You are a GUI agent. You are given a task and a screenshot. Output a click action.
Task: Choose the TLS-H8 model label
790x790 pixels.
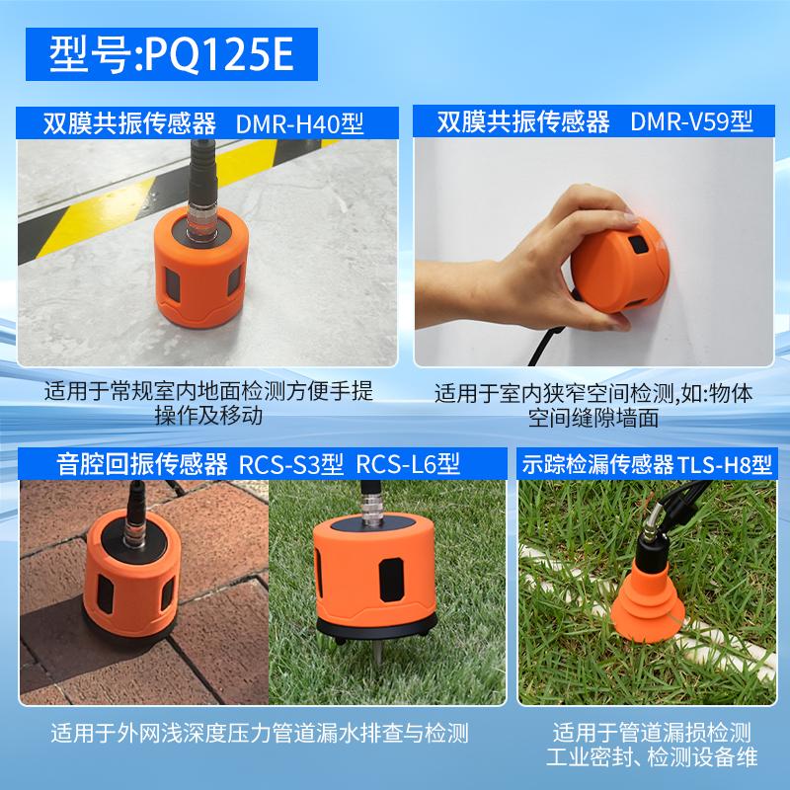tap(725, 464)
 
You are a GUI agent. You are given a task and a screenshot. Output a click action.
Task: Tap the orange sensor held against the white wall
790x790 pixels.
tap(621, 266)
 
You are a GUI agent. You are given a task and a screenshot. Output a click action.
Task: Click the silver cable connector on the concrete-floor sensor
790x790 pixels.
tap(200, 218)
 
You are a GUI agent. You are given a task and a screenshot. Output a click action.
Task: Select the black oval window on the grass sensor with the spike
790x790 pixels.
tap(391, 580)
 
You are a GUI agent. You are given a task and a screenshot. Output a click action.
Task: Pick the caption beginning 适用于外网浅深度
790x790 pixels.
tap(260, 733)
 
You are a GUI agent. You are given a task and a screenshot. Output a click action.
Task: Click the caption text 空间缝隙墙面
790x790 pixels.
tap(593, 418)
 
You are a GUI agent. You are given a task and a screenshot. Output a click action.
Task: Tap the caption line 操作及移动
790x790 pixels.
tap(208, 416)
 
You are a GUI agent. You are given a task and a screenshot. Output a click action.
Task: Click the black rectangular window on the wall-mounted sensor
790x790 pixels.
tap(638, 245)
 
